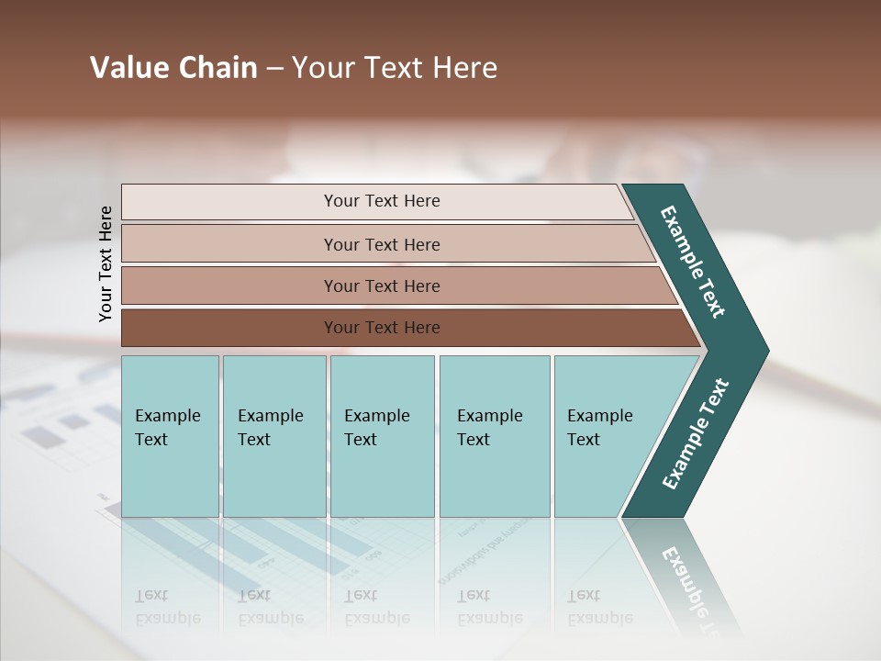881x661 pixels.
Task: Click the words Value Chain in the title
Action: (x=173, y=68)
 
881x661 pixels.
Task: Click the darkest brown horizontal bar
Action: (x=229, y=328)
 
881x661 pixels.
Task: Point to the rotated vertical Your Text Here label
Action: (x=106, y=263)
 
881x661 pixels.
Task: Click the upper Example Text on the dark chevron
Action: (x=693, y=262)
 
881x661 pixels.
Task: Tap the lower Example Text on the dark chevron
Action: (x=695, y=434)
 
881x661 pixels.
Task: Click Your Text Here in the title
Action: (x=395, y=68)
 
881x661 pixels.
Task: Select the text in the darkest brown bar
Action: (x=382, y=328)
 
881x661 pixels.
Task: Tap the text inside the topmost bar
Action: (x=382, y=201)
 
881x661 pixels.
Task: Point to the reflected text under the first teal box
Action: (x=167, y=607)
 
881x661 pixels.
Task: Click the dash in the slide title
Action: (x=274, y=69)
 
